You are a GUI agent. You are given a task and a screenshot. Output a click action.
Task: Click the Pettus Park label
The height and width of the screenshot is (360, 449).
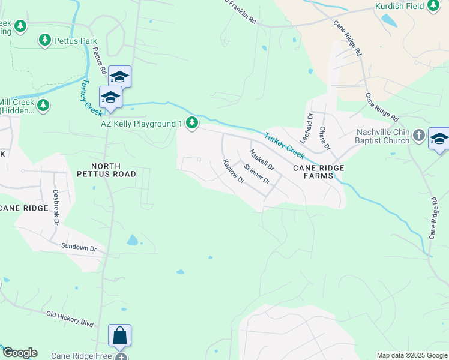[76, 41]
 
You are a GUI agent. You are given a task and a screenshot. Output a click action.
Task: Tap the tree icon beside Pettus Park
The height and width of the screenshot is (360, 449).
[44, 40]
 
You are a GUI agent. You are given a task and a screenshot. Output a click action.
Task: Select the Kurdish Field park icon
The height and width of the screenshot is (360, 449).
[433, 7]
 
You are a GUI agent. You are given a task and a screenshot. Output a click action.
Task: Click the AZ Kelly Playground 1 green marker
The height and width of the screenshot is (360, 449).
[192, 123]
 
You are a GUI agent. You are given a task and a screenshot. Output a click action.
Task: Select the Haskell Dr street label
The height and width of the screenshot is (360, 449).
[262, 160]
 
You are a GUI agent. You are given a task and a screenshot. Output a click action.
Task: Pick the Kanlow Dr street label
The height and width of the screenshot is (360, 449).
[233, 171]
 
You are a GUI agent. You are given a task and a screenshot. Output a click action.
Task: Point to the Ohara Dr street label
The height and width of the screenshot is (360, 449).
[325, 138]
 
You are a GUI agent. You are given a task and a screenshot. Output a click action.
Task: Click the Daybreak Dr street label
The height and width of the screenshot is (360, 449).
[56, 204]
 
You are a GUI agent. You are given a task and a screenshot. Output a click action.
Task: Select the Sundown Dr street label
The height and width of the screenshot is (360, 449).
[79, 247]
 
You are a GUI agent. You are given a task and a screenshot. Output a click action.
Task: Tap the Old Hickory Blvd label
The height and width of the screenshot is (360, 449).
[70, 318]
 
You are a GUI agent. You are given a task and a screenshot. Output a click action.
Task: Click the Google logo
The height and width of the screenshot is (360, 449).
[20, 353]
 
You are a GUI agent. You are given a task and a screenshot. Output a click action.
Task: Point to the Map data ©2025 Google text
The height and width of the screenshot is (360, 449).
[411, 355]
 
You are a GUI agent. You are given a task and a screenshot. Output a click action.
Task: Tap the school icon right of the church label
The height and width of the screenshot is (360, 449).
[439, 139]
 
